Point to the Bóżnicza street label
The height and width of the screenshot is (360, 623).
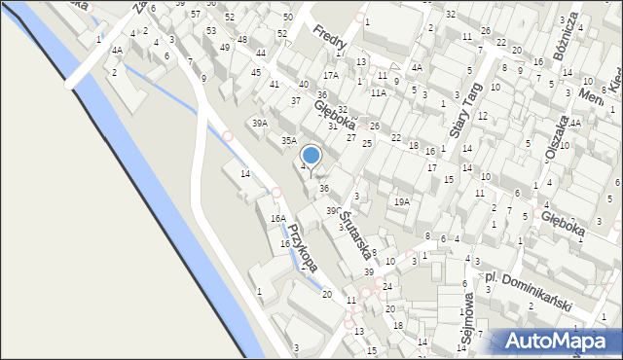click(567, 36)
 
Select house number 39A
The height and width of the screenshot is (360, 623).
click(260, 123)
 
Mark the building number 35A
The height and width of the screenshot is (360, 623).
click(289, 141)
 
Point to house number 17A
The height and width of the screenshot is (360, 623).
click(331, 75)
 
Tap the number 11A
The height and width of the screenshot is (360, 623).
click(379, 92)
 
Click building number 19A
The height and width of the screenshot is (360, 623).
click(401, 201)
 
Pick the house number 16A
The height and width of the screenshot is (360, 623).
click(278, 219)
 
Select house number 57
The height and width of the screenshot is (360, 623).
click(196, 15)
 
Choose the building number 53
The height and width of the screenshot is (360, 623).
click(211, 30)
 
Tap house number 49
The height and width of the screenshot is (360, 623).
click(225, 48)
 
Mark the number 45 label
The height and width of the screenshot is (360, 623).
click(256, 72)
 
